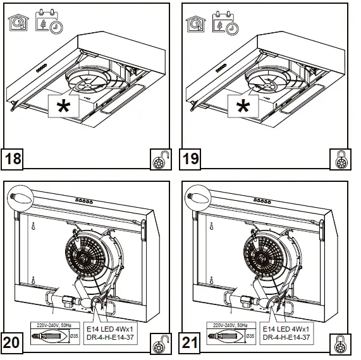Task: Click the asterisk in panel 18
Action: (64, 107)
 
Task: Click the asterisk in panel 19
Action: (242, 107)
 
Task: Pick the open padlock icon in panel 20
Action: (158, 345)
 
